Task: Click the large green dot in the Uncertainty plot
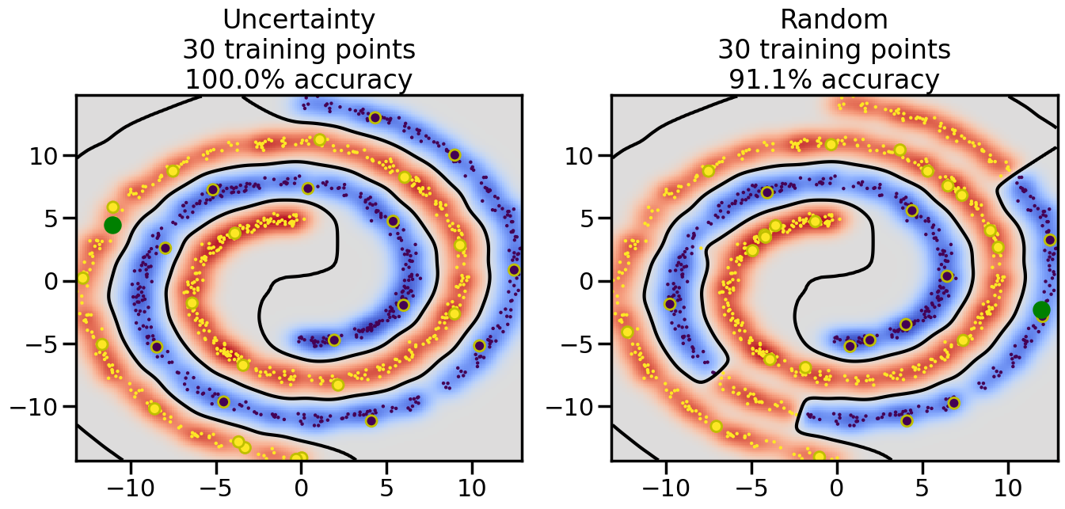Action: [x=112, y=225]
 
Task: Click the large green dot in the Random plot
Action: [x=1041, y=310]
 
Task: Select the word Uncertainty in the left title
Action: [x=299, y=19]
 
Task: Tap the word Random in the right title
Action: [x=834, y=19]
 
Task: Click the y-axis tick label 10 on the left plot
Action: [x=46, y=155]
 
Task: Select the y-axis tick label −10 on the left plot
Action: [x=38, y=407]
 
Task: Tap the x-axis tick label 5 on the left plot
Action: [x=386, y=484]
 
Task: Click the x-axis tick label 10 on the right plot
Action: [x=1009, y=484]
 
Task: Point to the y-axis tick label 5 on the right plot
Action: [x=589, y=218]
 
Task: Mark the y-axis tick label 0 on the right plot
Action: [x=589, y=281]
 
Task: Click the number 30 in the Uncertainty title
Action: [x=199, y=50]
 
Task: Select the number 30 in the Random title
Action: [x=734, y=50]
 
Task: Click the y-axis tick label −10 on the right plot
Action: [x=573, y=407]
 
